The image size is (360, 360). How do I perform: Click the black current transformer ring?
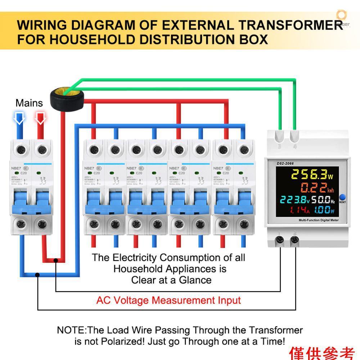click(64, 97)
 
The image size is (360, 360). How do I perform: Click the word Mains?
click(29, 103)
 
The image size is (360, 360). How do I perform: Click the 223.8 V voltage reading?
click(292, 200)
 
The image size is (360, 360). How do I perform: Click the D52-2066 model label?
click(285, 163)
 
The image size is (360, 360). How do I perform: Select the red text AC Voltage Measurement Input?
click(168, 300)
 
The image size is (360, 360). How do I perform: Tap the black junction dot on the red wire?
click(56, 260)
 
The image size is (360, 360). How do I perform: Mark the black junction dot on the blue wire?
click(38, 275)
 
